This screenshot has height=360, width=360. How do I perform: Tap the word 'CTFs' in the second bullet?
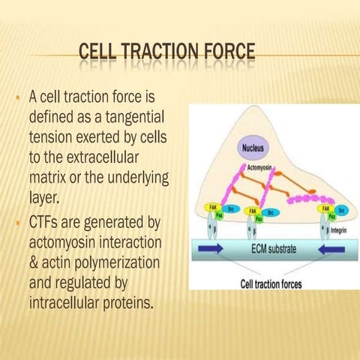tap(46, 223)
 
